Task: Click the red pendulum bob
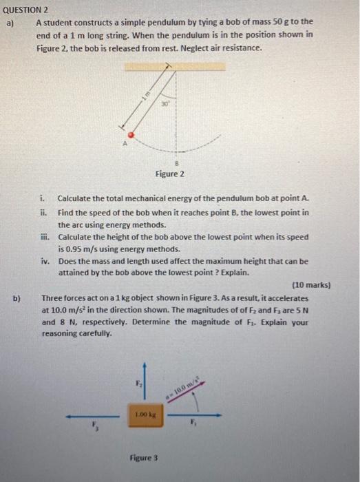[136, 134]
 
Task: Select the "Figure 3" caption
[144, 457]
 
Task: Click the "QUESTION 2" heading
[25, 10]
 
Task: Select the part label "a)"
[11, 21]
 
